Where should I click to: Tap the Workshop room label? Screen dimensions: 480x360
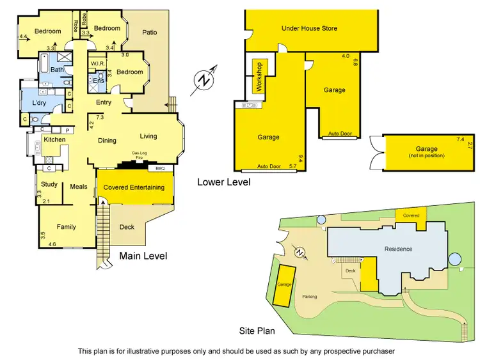pyautogui.click(x=260, y=76)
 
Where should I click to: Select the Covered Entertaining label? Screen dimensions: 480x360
pyautogui.click(x=134, y=187)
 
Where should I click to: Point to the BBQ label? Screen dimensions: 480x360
pyautogui.click(x=161, y=168)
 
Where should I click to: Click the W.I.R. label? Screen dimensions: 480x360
pyautogui.click(x=97, y=64)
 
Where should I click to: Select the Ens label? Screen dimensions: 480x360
pyautogui.click(x=98, y=81)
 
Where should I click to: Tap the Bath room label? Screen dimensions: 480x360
pyautogui.click(x=57, y=70)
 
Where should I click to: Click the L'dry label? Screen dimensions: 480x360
pyautogui.click(x=32, y=103)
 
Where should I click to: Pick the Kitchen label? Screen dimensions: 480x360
pyautogui.click(x=54, y=139)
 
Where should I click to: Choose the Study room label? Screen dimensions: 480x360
pyautogui.click(x=49, y=184)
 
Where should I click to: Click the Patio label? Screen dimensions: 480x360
pyautogui.click(x=149, y=33)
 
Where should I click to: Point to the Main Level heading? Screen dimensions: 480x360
pyautogui.click(x=143, y=256)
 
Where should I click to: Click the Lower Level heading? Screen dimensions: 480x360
pyautogui.click(x=223, y=182)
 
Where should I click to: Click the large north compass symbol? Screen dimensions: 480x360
pyautogui.click(x=204, y=81)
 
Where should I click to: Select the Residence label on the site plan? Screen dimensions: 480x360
pyautogui.click(x=398, y=249)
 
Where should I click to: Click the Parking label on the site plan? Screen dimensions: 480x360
pyautogui.click(x=310, y=297)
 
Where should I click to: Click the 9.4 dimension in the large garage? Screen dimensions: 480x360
pyautogui.click(x=300, y=157)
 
